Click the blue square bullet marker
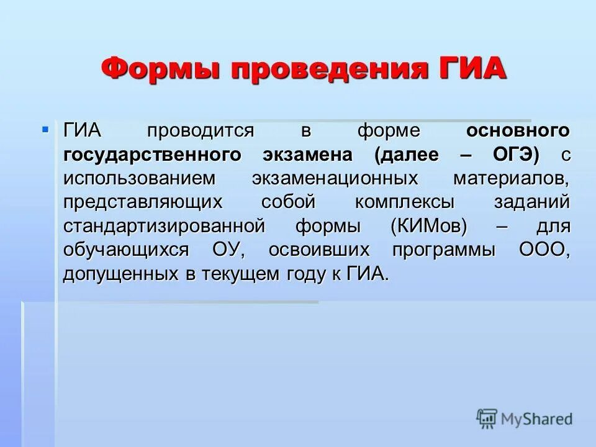click(x=45, y=129)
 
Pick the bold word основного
click(x=518, y=131)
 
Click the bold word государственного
click(x=151, y=155)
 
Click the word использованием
click(x=139, y=179)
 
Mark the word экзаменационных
click(x=335, y=179)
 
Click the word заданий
click(x=532, y=202)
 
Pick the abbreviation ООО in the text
click(x=543, y=250)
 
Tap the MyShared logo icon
click(x=487, y=418)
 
